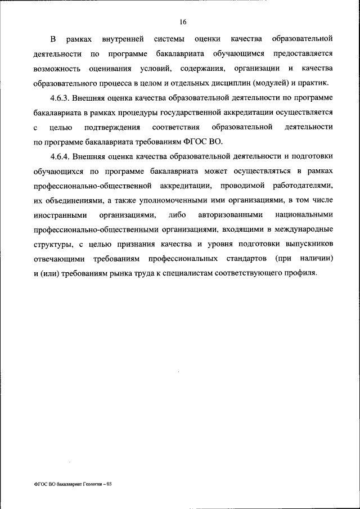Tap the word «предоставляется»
coord(303,54)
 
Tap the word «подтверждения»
coord(112,127)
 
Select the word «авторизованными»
coord(227,214)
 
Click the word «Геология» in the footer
coord(93,483)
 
